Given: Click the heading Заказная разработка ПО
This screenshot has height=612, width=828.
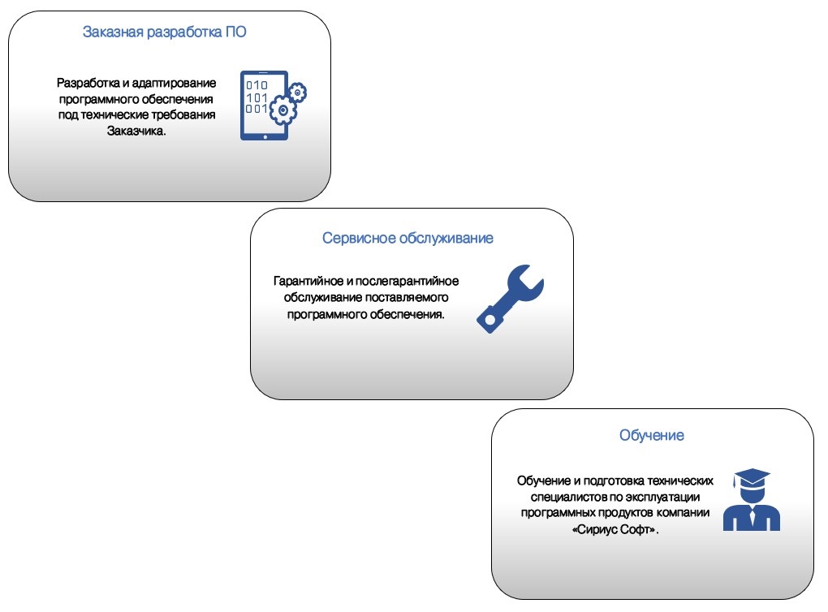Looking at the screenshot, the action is point(164,32).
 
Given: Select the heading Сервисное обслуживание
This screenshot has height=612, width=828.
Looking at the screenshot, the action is point(408,238).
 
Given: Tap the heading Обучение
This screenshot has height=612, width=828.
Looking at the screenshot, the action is point(652,435).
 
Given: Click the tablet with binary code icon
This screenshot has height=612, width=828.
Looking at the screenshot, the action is point(273,106).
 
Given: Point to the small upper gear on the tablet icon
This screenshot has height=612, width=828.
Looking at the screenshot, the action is point(298,93).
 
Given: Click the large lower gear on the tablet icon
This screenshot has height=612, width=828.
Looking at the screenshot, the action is point(283,110).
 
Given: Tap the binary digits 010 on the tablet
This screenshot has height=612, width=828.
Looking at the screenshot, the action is point(257,85).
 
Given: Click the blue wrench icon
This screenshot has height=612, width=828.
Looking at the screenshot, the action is point(510,299).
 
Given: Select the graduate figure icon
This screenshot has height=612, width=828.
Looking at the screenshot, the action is point(752,499).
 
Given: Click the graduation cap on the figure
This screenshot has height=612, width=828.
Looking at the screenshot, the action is point(751,476).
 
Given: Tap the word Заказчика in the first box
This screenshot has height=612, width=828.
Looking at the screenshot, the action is point(136,131).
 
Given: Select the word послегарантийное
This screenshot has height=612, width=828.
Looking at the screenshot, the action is point(408,281).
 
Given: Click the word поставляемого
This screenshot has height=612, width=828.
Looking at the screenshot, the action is point(407,297).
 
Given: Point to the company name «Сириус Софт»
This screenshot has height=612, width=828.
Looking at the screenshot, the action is point(615,529).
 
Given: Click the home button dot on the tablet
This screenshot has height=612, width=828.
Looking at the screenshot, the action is point(265,136).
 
